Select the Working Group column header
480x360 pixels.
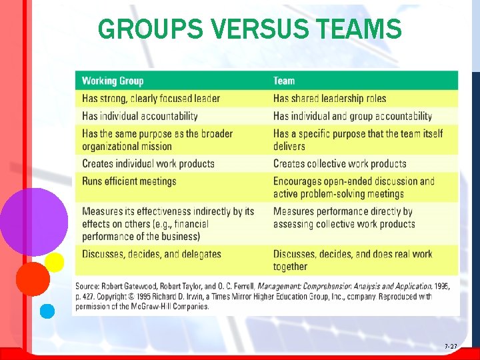(x=113, y=81)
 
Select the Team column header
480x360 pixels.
(x=284, y=81)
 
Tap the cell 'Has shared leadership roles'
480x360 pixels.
(x=329, y=99)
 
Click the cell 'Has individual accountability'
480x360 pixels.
(x=140, y=116)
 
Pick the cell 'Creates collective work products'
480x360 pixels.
(x=339, y=163)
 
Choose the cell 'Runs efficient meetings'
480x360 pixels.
(x=129, y=181)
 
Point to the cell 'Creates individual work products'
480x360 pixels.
(x=148, y=163)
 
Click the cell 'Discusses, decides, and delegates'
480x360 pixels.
(x=151, y=254)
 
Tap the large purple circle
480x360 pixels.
(x=33, y=221)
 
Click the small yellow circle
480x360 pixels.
(x=55, y=262)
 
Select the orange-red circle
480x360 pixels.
(x=33, y=279)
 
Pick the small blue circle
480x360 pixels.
(x=47, y=311)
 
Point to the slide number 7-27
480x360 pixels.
(x=451, y=347)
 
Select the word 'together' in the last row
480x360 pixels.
(x=290, y=266)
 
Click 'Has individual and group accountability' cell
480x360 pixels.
(x=353, y=116)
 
